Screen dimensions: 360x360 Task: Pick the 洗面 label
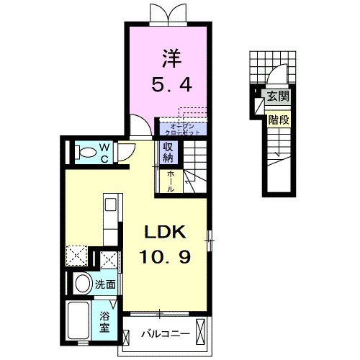click(105, 284)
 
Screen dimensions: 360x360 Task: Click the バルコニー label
click(164, 334)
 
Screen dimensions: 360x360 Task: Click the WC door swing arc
click(126, 150)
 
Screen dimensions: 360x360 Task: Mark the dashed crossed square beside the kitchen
click(76, 256)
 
